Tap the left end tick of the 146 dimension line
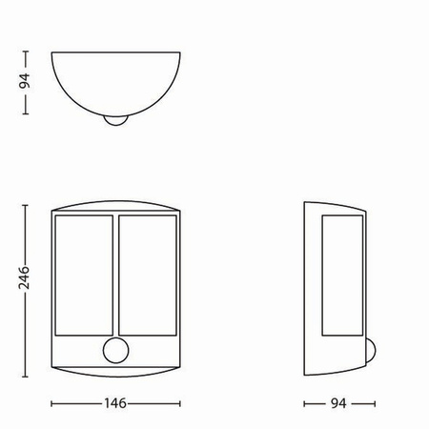[50, 402]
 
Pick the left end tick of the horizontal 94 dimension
[304, 402]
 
